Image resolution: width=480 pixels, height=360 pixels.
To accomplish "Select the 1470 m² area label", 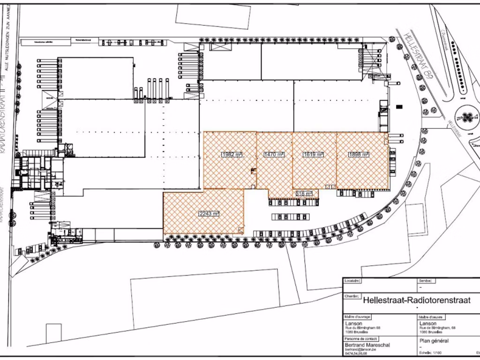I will pyautogui.click(x=274, y=154).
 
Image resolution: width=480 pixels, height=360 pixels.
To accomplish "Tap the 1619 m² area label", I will pyautogui.click(x=314, y=154).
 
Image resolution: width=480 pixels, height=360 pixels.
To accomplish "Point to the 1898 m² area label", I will pyautogui.click(x=359, y=154).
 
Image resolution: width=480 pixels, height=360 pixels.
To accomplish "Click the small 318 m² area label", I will pyautogui.click(x=304, y=193).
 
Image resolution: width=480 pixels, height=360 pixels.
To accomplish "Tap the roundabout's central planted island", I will pyautogui.click(x=468, y=116).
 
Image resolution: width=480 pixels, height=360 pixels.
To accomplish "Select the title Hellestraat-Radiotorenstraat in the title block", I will pyautogui.click(x=417, y=300).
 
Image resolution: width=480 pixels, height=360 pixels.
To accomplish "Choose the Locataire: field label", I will pyautogui.click(x=352, y=281).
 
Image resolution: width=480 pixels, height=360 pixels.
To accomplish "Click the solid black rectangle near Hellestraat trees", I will pyautogui.click(x=399, y=106).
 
